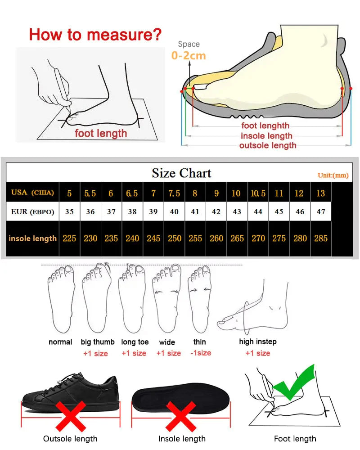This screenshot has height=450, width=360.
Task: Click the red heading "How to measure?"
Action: (95, 34)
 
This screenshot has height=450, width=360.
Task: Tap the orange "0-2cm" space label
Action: (189, 56)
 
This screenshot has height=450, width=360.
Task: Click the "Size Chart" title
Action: (181, 173)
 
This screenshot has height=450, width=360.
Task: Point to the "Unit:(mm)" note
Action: (333, 175)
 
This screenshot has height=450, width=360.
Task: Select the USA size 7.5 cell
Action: (174, 193)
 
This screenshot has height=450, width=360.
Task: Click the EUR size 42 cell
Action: (216, 211)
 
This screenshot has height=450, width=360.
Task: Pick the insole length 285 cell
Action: (321, 238)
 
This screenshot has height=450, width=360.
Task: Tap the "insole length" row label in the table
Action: (33, 238)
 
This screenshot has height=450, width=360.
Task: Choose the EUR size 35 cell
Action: (69, 211)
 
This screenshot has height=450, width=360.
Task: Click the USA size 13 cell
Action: (320, 193)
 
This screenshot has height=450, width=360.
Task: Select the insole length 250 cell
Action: (174, 238)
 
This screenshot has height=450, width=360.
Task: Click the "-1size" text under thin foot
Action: (201, 353)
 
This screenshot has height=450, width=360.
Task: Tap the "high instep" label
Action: (258, 342)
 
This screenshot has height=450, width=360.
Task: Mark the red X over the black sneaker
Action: (70, 417)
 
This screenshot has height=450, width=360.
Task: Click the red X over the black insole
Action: (181, 417)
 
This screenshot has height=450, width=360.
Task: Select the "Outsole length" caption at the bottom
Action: (70, 438)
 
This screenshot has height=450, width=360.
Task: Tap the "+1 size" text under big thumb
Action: (95, 353)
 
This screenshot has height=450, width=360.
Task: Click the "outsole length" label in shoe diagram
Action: (268, 145)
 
